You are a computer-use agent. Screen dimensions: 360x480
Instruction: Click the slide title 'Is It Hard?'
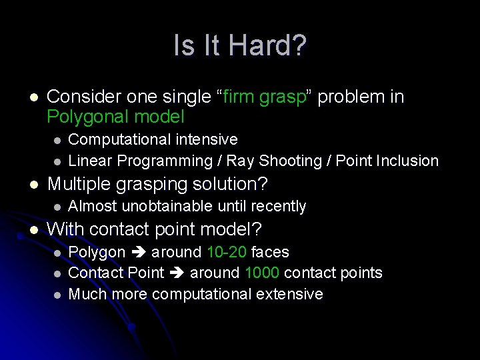(240, 46)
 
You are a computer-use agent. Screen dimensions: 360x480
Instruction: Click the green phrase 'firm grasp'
(265, 97)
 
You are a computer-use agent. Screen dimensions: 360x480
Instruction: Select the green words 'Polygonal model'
(115, 117)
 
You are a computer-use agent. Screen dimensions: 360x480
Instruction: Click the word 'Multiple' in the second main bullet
(75, 183)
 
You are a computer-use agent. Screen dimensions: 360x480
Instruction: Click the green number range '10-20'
(227, 252)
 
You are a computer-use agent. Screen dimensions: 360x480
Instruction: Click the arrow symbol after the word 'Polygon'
(138, 252)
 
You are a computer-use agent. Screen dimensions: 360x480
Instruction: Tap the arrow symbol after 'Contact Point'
(177, 273)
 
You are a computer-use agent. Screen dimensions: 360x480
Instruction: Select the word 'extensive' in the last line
(290, 294)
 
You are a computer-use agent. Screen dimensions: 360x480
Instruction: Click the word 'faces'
(270, 252)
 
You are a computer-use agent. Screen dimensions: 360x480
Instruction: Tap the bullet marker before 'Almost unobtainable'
(57, 207)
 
